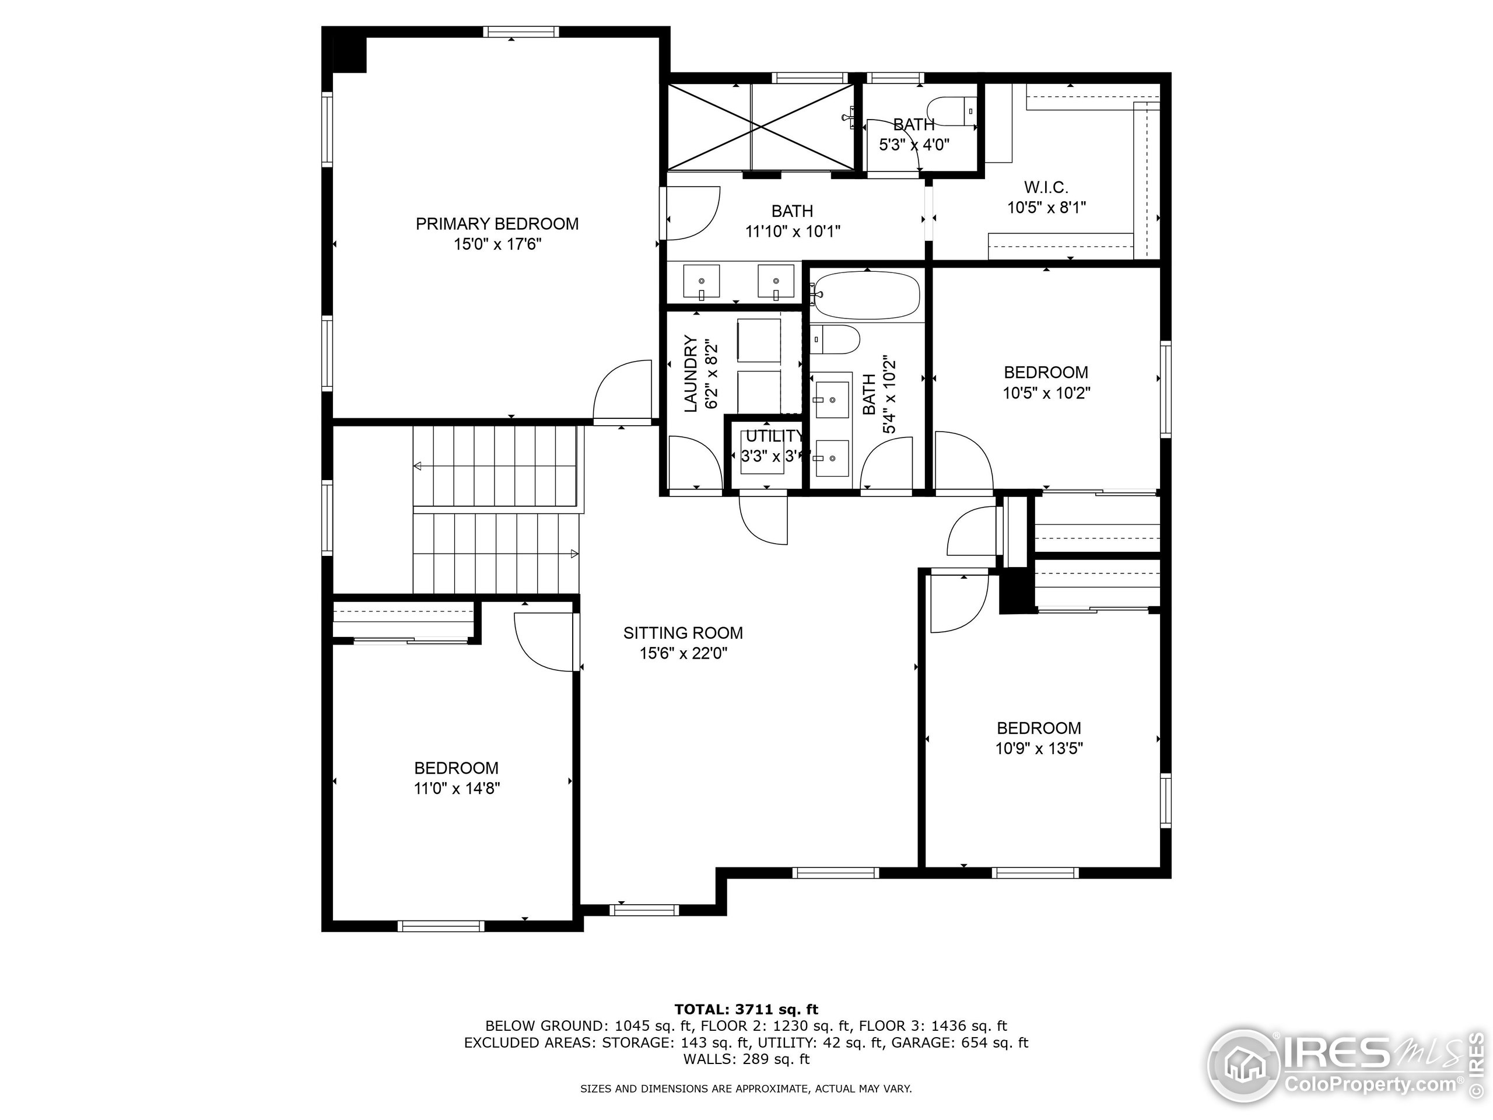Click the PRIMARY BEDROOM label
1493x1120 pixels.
pyautogui.click(x=497, y=223)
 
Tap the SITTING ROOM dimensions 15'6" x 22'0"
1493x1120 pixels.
pyautogui.click(x=683, y=653)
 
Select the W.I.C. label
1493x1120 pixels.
pyautogui.click(x=1046, y=187)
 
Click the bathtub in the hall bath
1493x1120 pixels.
pyautogui.click(x=867, y=295)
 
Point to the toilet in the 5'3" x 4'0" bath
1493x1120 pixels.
pyautogui.click(x=952, y=111)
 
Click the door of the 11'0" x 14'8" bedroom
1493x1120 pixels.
pyautogui.click(x=544, y=641)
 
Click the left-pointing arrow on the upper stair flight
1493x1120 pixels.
pyautogui.click(x=418, y=466)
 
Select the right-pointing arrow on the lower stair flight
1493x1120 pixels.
pyautogui.click(x=574, y=554)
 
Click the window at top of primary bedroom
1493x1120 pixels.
pyautogui.click(x=521, y=32)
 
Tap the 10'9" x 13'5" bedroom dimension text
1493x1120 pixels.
pyautogui.click(x=1039, y=748)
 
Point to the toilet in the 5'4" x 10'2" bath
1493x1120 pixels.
pyautogui.click(x=835, y=339)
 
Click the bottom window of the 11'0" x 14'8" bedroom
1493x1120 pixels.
pyautogui.click(x=441, y=926)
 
